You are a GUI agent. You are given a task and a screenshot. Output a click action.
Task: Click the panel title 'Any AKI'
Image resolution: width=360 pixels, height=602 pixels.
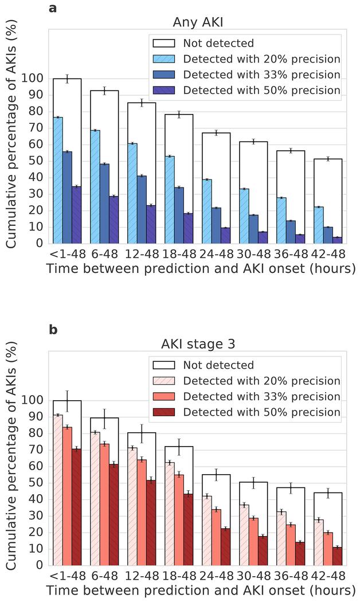(x=198, y=22)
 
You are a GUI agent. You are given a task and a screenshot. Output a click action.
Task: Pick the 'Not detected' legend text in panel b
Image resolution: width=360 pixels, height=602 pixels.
(x=218, y=365)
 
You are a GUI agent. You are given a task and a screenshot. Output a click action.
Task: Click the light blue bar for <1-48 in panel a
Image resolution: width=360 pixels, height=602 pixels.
(x=58, y=180)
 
